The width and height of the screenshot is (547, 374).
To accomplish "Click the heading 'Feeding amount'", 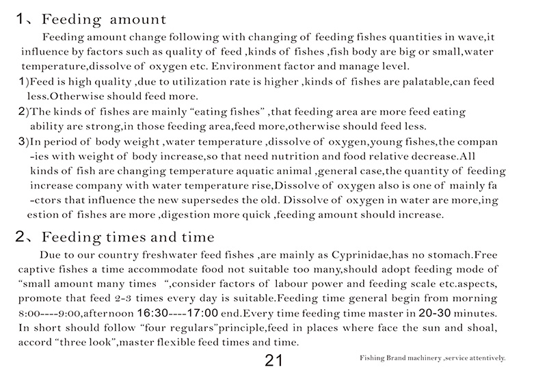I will point(103,17).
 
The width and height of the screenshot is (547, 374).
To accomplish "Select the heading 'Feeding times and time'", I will point(128,237).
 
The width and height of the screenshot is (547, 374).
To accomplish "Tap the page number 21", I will point(273,360).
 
